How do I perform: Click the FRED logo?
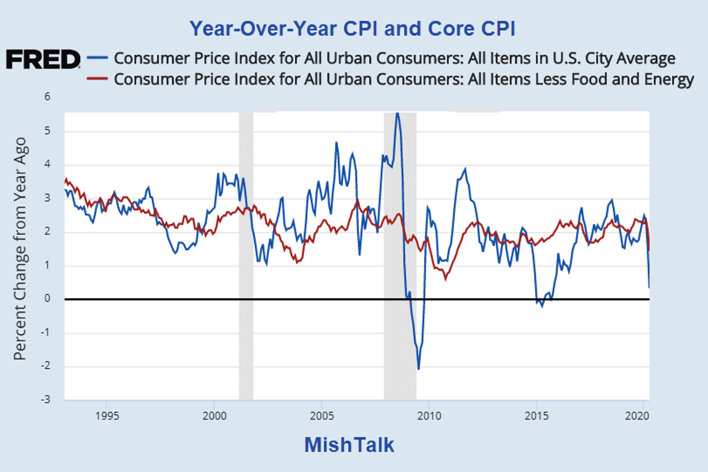click(43, 59)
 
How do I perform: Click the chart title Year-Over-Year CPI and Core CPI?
click(352, 28)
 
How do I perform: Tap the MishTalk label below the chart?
click(349, 445)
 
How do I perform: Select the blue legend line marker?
click(98, 59)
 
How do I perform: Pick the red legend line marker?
click(98, 79)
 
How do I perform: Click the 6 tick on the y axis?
click(47, 98)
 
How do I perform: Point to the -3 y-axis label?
click(46, 400)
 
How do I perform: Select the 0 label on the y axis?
click(47, 299)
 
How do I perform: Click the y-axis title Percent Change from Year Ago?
click(21, 249)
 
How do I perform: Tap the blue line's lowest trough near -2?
click(419, 369)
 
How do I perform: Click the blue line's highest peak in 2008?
click(397, 114)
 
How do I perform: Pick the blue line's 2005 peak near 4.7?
click(336, 142)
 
